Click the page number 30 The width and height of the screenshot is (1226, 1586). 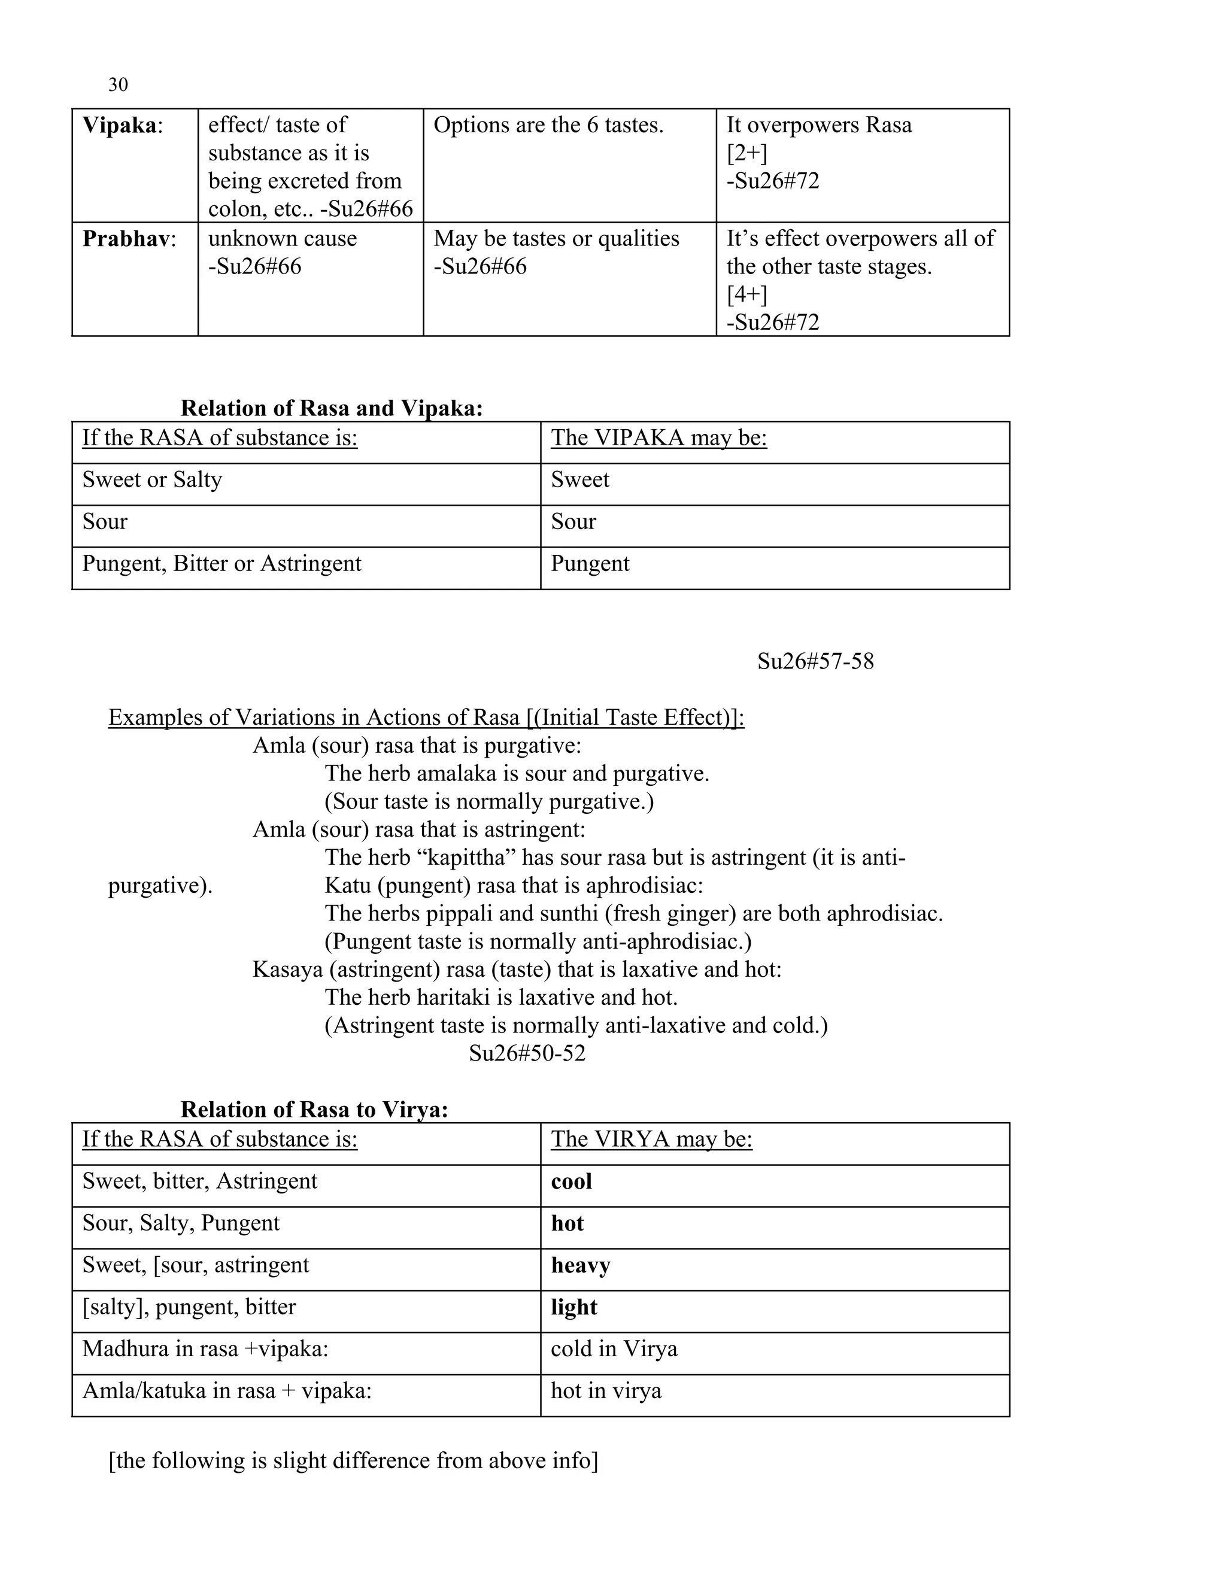pos(118,85)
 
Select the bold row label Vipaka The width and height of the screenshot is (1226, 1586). pos(119,125)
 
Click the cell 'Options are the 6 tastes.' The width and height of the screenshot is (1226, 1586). pos(548,125)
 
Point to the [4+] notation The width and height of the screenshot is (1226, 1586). pos(746,294)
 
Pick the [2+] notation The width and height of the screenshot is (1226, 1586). pos(746,153)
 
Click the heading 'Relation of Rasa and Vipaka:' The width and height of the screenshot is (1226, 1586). pos(331,408)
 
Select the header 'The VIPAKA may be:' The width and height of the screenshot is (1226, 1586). pos(658,438)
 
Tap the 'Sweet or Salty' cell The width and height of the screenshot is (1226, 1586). pos(152,480)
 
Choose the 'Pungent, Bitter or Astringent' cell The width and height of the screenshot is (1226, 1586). pos(221,564)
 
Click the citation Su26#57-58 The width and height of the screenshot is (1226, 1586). pos(815,661)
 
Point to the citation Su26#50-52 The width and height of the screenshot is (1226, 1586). pos(527,1054)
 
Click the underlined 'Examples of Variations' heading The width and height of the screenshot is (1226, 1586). pos(426,718)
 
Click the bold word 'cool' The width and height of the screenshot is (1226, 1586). pos(571,1181)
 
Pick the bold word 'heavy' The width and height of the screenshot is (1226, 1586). pos(580,1266)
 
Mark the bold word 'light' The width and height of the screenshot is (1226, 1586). pos(573,1307)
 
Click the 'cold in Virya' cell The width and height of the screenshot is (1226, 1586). pos(614,1349)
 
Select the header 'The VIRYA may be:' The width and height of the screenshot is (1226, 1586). pos(651,1140)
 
